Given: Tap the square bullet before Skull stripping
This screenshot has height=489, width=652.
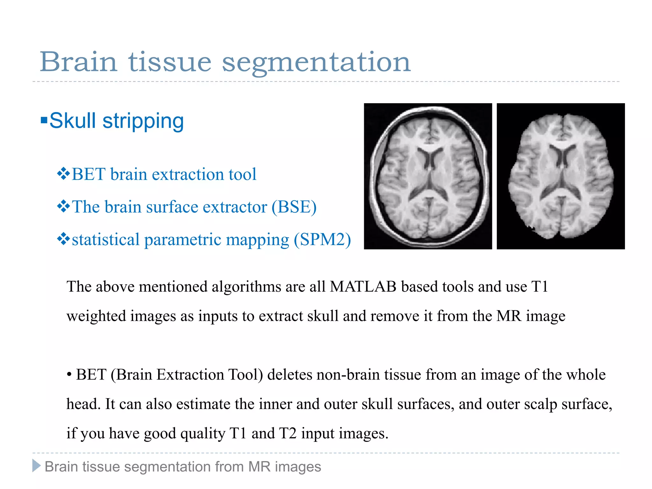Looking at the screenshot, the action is point(44,121).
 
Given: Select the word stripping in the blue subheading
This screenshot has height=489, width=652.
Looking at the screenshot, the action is point(143,121).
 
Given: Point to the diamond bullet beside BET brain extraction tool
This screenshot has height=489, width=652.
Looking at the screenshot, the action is point(63,174).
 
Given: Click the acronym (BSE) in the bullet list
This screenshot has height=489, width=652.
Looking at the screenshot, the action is point(294,207).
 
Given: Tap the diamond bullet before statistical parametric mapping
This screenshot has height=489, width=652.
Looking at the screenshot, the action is point(63,239).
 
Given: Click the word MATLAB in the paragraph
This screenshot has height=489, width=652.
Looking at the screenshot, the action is point(363,287).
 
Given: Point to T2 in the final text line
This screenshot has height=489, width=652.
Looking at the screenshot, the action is point(287,433).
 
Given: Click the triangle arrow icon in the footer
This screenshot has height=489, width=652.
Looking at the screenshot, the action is point(36,466).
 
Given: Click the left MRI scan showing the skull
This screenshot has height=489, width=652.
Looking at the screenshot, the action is point(428,176).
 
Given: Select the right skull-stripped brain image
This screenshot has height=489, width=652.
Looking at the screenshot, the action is point(561,176).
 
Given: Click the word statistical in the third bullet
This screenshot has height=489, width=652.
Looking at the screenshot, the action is point(106,239).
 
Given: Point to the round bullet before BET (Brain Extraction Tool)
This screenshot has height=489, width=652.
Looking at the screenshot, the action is point(69,375).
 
